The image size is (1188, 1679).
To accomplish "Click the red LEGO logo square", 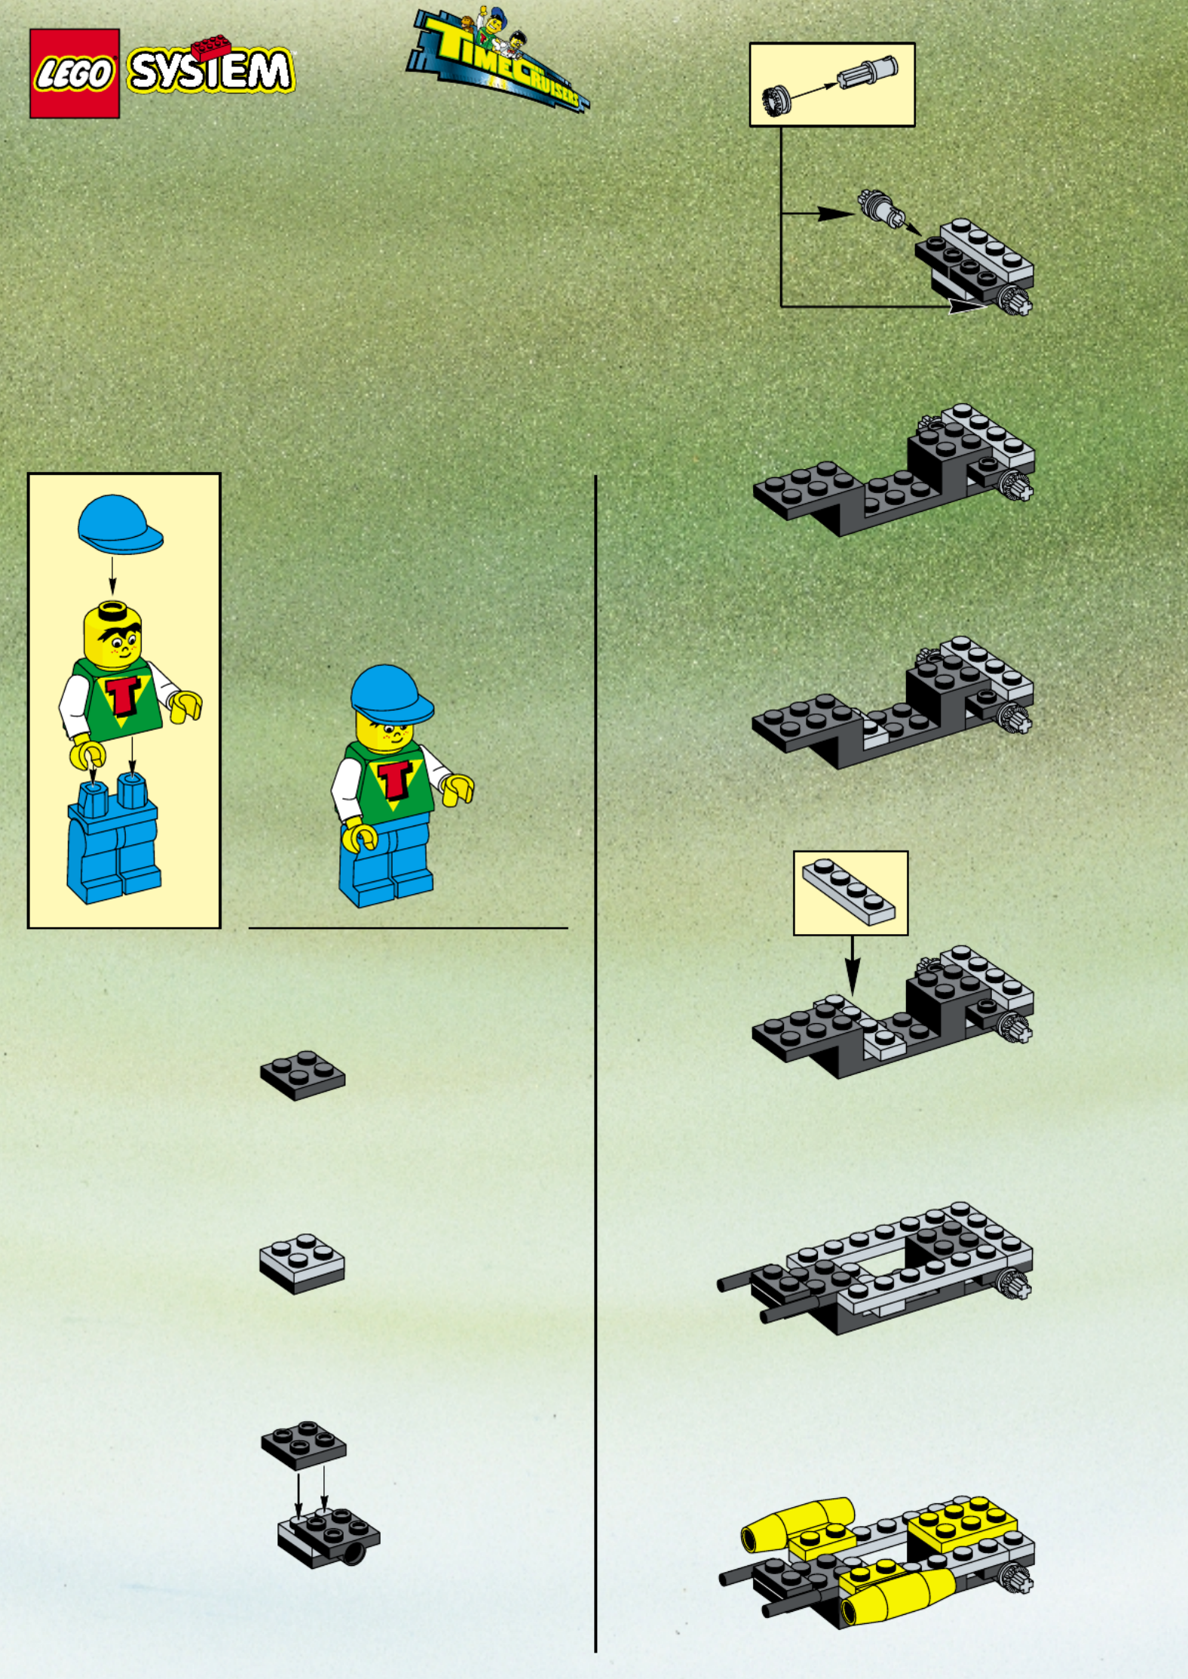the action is (75, 73).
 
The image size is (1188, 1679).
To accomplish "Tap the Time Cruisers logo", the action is (497, 60).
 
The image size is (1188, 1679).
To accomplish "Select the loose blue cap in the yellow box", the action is (120, 525).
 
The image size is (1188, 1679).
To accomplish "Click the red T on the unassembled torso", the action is (124, 695).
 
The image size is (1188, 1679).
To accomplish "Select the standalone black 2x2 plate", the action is (303, 1075).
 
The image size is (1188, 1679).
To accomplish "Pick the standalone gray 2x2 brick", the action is (302, 1264).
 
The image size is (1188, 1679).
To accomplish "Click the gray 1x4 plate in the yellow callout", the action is (849, 892).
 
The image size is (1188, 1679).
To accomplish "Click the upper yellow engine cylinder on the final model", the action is (798, 1522).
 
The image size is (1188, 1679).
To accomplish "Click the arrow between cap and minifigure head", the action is (112, 575).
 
